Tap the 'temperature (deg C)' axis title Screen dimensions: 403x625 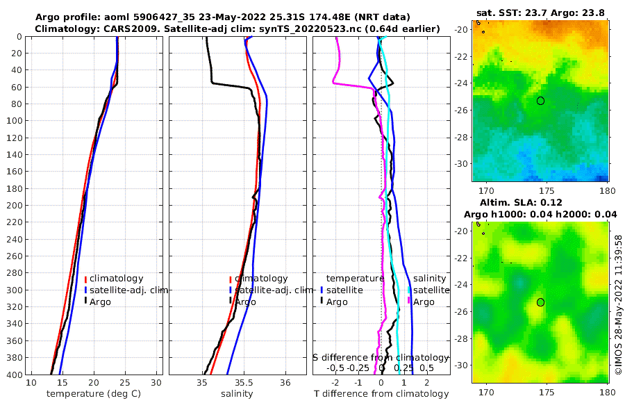94,394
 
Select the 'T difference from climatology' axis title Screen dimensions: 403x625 381,394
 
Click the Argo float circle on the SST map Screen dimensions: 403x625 540,101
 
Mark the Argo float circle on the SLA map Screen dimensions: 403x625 540,302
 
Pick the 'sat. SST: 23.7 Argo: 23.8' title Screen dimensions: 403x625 542,13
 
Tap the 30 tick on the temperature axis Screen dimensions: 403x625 157,383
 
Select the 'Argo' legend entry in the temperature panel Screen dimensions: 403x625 101,302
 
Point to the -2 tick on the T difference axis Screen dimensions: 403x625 336,383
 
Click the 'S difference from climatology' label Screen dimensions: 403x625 381,356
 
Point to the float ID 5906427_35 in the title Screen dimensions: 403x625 174,17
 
